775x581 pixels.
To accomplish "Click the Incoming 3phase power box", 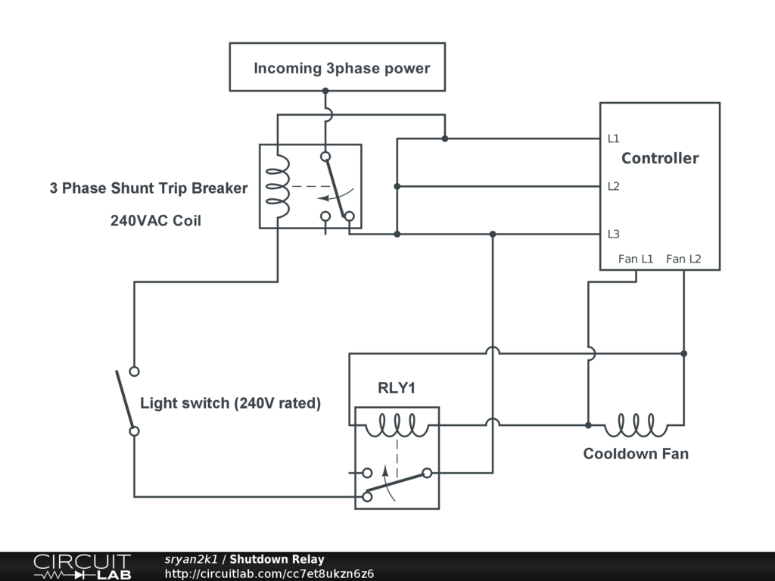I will [337, 67].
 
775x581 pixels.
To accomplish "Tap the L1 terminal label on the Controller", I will [613, 138].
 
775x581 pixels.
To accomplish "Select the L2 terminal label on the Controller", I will [613, 186].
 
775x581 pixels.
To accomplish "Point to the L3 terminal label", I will [613, 234].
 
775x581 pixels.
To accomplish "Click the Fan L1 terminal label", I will [636, 259].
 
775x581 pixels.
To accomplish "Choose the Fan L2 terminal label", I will [683, 259].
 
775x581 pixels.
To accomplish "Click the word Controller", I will [660, 158].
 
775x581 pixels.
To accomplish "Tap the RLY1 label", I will [397, 389].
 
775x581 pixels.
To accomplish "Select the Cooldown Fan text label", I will [636, 454].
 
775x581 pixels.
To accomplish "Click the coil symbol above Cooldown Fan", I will [636, 425].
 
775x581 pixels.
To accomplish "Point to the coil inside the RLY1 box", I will [397, 425].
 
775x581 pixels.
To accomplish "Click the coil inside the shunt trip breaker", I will [278, 185].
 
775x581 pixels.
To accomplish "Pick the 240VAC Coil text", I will [156, 221].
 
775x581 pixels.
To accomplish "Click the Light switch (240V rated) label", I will [230, 403].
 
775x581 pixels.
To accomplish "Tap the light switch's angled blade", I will [125, 401].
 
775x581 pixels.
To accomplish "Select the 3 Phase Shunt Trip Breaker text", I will [148, 188].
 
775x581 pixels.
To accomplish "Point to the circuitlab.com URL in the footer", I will [269, 573].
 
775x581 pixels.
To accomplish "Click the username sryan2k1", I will [191, 560].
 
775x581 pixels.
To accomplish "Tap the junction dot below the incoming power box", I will [325, 91].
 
